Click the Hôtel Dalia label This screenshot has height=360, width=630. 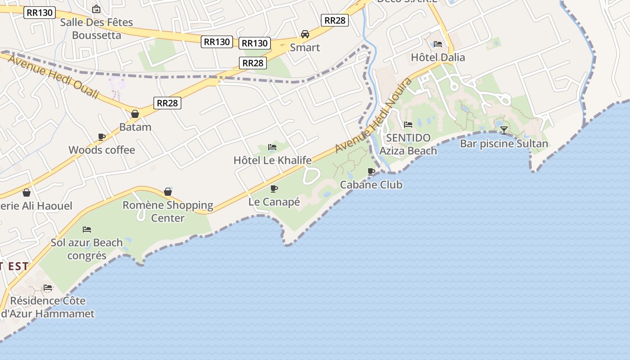(x=438, y=58)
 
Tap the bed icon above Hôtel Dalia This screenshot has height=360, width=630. (x=438, y=44)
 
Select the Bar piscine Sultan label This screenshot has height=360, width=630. (x=504, y=144)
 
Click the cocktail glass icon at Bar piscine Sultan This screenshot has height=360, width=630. (x=504, y=130)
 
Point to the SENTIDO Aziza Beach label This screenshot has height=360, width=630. (x=408, y=144)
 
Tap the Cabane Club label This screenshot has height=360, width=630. (x=371, y=184)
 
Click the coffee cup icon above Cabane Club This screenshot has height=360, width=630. (x=371, y=171)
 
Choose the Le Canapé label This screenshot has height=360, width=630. (x=274, y=202)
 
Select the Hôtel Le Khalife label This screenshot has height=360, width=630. (x=272, y=160)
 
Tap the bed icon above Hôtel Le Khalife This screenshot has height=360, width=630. (x=272, y=147)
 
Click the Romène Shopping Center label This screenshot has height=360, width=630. (x=168, y=211)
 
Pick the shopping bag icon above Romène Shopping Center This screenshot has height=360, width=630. (x=168, y=192)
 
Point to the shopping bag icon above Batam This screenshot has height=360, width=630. (x=135, y=114)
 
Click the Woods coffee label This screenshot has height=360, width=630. (x=102, y=150)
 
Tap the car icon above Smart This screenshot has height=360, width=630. (x=305, y=34)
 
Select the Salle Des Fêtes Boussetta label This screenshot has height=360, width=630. (x=97, y=28)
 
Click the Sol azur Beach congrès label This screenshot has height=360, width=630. (x=86, y=249)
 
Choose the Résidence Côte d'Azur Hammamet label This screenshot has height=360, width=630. (x=49, y=307)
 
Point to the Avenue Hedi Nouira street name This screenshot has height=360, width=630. (x=373, y=115)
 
